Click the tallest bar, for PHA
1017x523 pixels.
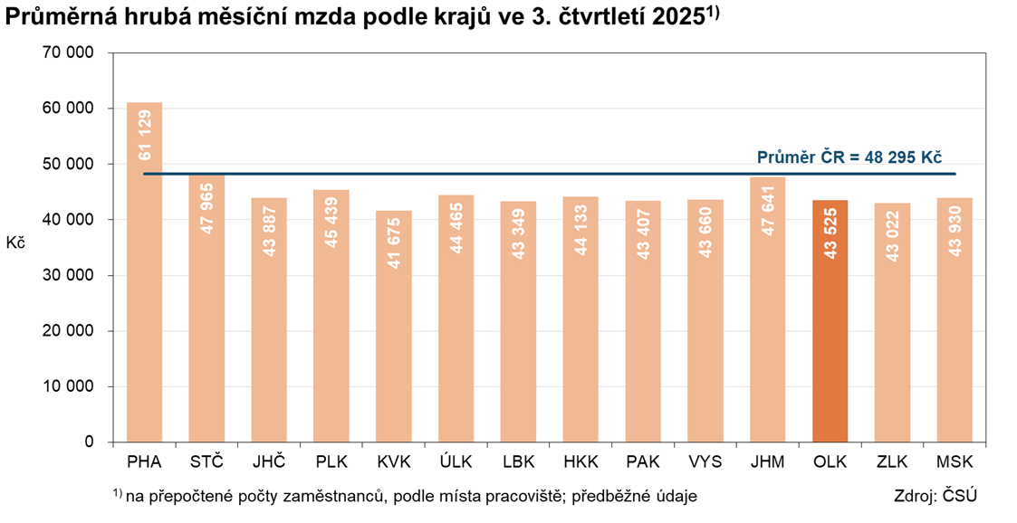click(144, 271)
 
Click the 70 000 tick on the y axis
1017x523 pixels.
click(69, 52)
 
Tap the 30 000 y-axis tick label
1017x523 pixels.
click(69, 275)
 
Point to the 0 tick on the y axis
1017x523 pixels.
click(89, 442)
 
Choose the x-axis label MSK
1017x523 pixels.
click(955, 462)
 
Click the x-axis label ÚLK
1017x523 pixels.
click(456, 462)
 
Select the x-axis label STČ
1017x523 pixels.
click(206, 462)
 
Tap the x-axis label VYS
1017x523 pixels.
click(705, 462)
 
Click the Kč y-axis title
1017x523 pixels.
click(15, 242)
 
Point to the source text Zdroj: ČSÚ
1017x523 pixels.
click(935, 497)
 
